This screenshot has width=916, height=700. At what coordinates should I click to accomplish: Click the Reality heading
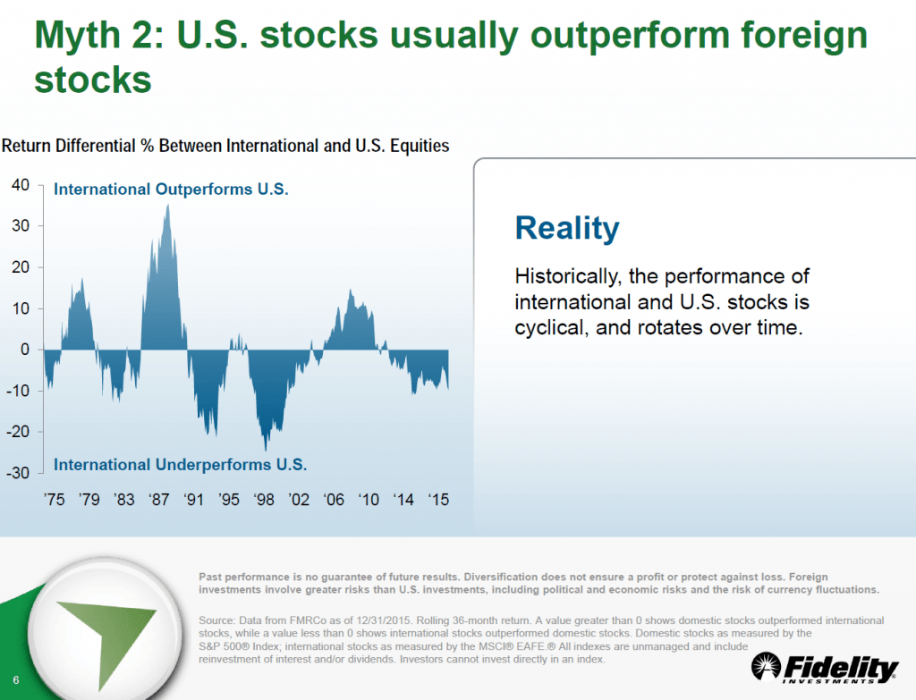pyautogui.click(x=566, y=228)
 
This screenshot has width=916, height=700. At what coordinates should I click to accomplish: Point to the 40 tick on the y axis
pyautogui.click(x=21, y=185)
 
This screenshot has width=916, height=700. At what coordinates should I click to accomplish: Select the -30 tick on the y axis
pyautogui.click(x=19, y=473)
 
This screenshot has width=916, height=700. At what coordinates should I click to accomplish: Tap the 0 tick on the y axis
pyautogui.click(x=26, y=350)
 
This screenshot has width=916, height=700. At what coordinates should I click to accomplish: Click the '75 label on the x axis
pyautogui.click(x=54, y=500)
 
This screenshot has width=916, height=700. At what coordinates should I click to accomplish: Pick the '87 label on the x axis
pyautogui.click(x=158, y=500)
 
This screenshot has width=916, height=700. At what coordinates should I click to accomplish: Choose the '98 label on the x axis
pyautogui.click(x=263, y=500)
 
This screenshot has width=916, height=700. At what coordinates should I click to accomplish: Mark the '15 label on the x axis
pyautogui.click(x=437, y=500)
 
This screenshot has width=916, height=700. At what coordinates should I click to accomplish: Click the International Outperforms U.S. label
pyautogui.click(x=172, y=190)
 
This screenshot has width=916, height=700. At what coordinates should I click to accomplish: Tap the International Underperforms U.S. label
pyautogui.click(x=180, y=465)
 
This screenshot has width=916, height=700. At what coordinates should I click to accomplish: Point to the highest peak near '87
pyautogui.click(x=167, y=206)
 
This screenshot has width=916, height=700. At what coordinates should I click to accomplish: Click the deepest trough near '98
pyautogui.click(x=265, y=450)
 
